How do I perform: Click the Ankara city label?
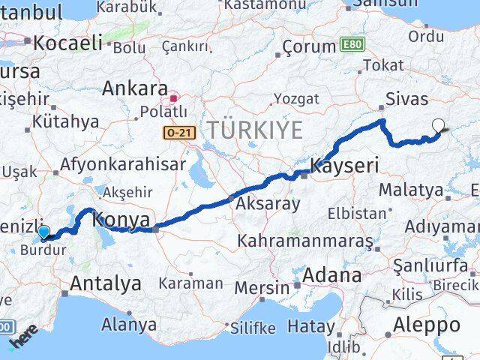click(x=135, y=88)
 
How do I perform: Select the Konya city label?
click(x=121, y=220)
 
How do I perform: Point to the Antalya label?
click(x=105, y=283)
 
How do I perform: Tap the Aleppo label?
click(x=425, y=325)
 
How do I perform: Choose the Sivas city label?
click(x=406, y=99)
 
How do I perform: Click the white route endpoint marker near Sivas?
click(x=438, y=127)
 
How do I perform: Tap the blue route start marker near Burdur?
click(x=43, y=232)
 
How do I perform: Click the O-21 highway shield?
click(x=179, y=131)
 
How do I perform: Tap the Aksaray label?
click(x=268, y=203)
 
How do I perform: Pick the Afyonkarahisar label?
click(x=123, y=163)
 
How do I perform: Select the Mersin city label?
click(x=262, y=288)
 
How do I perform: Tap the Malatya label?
click(x=410, y=190)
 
